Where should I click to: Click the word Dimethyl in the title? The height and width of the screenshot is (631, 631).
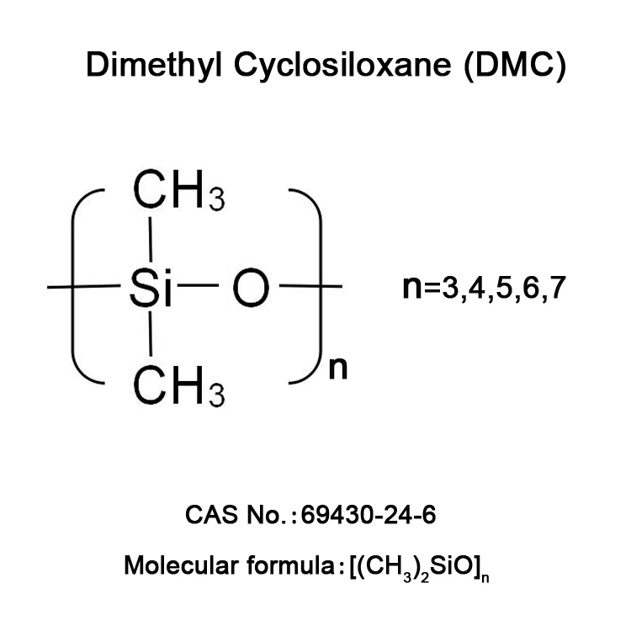pyautogui.click(x=141, y=66)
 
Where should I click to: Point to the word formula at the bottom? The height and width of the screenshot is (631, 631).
pyautogui.click(x=292, y=565)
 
